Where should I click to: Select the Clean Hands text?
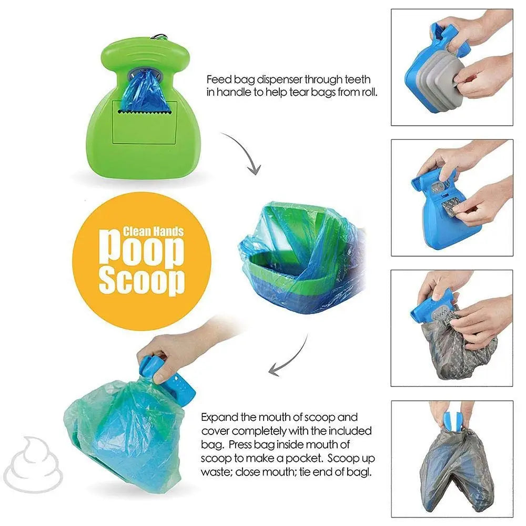coord(153,231)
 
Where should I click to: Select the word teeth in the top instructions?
coord(358,80)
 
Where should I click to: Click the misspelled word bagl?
coord(362,472)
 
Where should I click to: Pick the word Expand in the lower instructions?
coord(219,417)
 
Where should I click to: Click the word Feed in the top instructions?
coord(216,80)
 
